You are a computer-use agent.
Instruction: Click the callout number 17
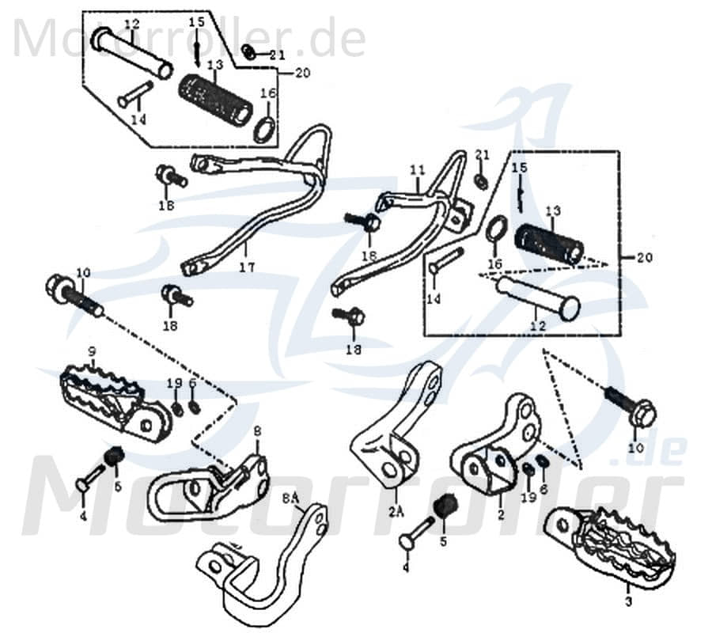[247, 268]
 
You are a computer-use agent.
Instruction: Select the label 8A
[290, 498]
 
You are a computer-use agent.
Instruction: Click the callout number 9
[92, 351]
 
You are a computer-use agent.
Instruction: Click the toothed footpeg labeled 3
[621, 546]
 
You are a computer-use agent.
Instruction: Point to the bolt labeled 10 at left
[75, 297]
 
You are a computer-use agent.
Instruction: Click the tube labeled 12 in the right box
[538, 297]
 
